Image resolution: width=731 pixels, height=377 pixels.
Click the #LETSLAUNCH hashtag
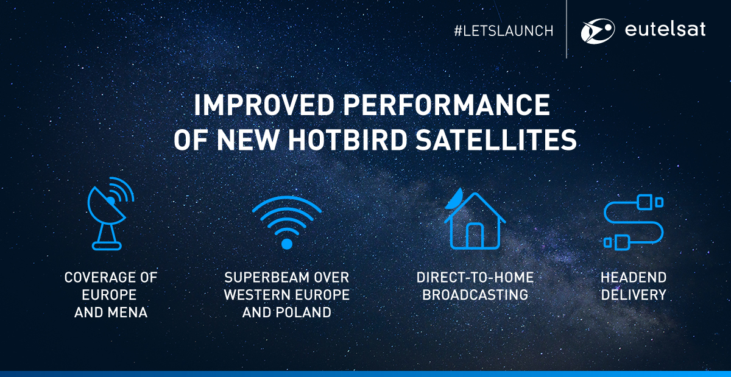[504, 31]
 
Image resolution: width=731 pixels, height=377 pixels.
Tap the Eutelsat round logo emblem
[598, 31]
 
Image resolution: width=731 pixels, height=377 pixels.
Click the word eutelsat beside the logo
[665, 29]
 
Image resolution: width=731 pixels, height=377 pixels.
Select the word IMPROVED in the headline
[264, 105]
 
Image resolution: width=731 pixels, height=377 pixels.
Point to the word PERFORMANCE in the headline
[447, 105]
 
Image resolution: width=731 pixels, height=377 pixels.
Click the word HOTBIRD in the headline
[347, 139]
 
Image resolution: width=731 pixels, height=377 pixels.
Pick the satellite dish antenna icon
[111, 214]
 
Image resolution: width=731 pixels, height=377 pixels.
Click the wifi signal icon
[287, 222]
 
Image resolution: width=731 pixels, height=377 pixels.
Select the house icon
[475, 219]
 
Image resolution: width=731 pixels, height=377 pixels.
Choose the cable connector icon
[633, 222]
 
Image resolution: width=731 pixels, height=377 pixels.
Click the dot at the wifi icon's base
[287, 244]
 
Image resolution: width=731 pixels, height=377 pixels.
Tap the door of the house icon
[475, 235]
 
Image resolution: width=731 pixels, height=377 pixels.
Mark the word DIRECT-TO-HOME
[475, 278]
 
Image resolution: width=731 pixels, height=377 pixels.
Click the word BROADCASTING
[475, 295]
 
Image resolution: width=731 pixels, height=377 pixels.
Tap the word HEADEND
[634, 278]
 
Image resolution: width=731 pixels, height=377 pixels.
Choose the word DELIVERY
[634, 295]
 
